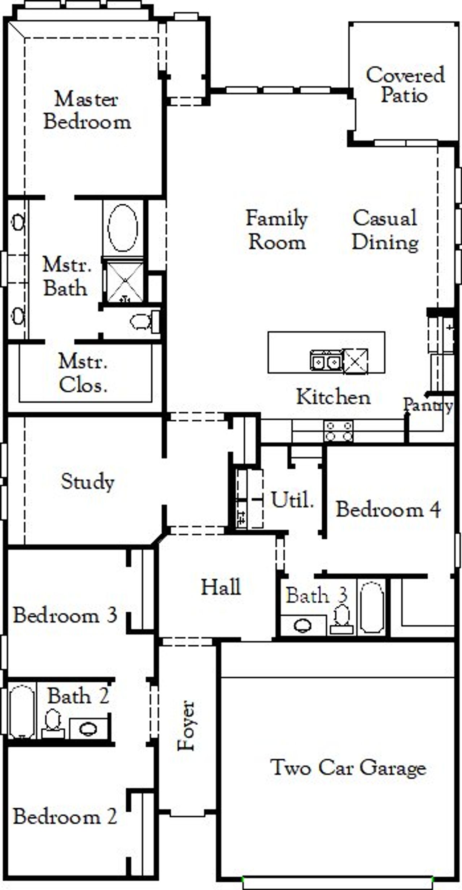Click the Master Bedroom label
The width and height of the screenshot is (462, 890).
[87, 110]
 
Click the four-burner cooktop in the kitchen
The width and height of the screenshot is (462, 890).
[338, 431]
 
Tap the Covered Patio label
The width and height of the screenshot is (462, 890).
[405, 85]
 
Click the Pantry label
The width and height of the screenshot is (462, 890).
[427, 405]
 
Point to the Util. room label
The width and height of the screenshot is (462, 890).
[292, 500]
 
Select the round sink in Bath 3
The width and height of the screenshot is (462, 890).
[302, 626]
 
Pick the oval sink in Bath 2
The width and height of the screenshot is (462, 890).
[88, 729]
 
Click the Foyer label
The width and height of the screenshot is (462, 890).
[187, 726]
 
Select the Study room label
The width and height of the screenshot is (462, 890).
[87, 482]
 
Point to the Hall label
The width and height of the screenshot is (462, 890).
[221, 587]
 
